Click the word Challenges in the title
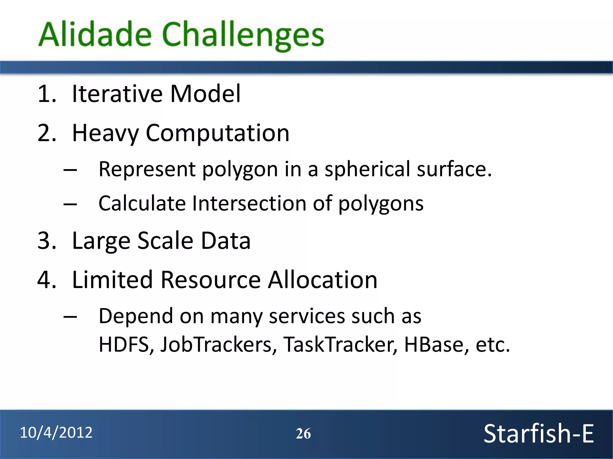[x=243, y=35]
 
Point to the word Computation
[x=218, y=134]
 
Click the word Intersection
[x=249, y=204]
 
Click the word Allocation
[x=322, y=280]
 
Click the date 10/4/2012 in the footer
[x=56, y=433]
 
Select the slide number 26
[x=303, y=434]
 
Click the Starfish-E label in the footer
[x=538, y=434]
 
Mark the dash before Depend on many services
[x=70, y=317]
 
